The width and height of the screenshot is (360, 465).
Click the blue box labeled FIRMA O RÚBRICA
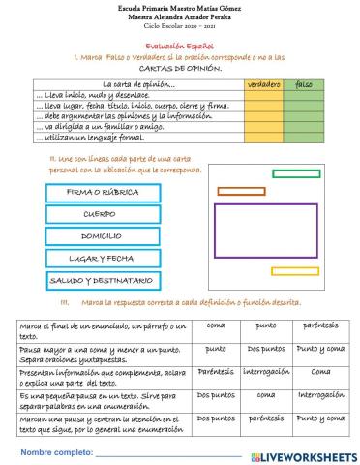click(103, 192)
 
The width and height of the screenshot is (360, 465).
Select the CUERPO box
click(103, 214)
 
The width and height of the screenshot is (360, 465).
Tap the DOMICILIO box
click(103, 236)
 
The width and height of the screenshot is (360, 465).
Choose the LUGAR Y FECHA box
click(103, 259)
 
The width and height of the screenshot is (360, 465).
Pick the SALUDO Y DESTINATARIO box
click(103, 281)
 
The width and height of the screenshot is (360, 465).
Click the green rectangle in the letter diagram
click(296, 174)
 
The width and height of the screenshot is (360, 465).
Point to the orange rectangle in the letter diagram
click(241, 191)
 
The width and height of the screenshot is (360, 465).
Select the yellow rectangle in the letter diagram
click(295, 271)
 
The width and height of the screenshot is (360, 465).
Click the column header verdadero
click(263, 85)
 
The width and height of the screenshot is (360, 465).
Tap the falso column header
click(304, 85)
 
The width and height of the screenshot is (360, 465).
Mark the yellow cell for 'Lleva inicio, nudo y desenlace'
click(263, 96)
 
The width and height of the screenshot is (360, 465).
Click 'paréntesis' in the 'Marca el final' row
click(320, 325)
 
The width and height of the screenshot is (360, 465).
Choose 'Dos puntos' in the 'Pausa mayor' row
click(266, 349)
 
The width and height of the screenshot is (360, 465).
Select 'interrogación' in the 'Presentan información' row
click(266, 371)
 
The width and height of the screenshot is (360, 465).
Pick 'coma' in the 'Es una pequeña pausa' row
click(266, 395)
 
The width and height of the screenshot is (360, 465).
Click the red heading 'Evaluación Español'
click(180, 46)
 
